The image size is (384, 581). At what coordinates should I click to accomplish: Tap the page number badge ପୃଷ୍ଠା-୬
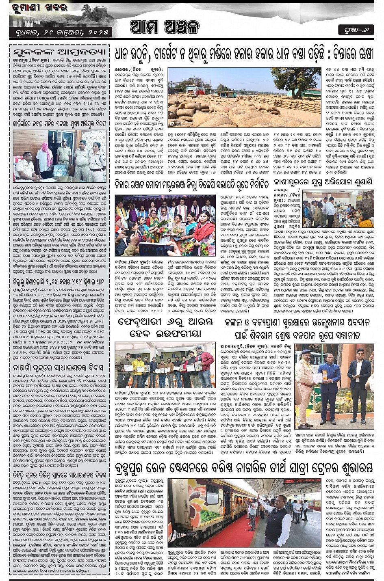(356, 30)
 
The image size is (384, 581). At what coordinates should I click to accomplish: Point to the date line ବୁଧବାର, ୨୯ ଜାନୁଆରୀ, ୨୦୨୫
(59, 32)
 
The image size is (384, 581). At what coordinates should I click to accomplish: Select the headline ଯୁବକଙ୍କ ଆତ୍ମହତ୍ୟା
(59, 52)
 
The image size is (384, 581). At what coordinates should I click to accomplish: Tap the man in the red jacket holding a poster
(205, 363)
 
